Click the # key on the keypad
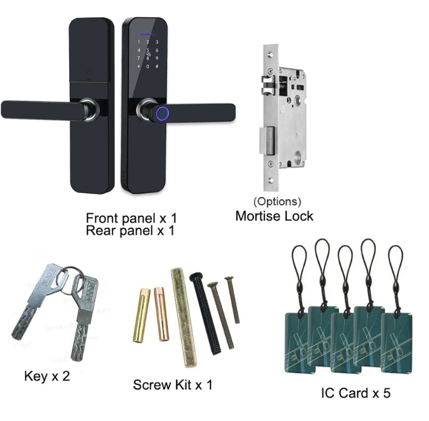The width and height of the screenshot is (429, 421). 157,66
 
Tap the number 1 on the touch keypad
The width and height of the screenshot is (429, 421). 139,42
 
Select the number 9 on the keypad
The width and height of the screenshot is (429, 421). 157,58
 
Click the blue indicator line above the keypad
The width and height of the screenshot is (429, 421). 148,35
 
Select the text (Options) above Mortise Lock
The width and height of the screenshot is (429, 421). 277,201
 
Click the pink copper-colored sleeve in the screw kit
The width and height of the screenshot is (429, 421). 161,314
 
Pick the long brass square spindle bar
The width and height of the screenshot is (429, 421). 184,318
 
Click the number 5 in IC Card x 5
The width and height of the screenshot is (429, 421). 386,393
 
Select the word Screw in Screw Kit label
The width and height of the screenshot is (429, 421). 152,385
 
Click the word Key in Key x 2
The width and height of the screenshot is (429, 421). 36,376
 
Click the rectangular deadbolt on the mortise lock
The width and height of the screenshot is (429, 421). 267,140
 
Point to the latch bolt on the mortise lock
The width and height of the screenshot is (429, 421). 268,86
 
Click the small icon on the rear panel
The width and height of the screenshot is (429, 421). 89,75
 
